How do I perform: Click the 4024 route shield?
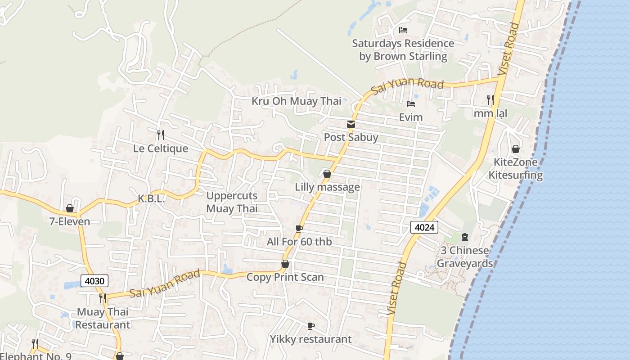pyautogui.click(x=424, y=227)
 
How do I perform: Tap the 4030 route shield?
pyautogui.click(x=94, y=281)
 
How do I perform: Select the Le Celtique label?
pyautogui.click(x=160, y=148)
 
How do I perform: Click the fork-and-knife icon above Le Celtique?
pyautogui.click(x=160, y=135)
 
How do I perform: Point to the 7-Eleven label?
pyautogui.click(x=70, y=221)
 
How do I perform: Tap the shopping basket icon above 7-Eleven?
pyautogui.click(x=70, y=208)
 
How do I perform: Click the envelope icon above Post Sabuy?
pyautogui.click(x=351, y=124)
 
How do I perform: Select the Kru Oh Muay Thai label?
pyautogui.click(x=296, y=101)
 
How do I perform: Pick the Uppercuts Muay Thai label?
pyautogui.click(x=232, y=202)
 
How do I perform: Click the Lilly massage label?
pyautogui.click(x=327, y=187)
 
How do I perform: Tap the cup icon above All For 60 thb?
pyautogui.click(x=299, y=229)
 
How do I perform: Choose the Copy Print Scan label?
pyautogui.click(x=285, y=277)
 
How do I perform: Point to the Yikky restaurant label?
pyautogui.click(x=310, y=339)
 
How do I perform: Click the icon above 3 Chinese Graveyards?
pyautogui.click(x=465, y=237)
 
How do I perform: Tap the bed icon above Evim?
pyautogui.click(x=411, y=104)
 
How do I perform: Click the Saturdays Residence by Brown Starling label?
pyautogui.click(x=403, y=50)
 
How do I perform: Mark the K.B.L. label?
pyautogui.click(x=151, y=199)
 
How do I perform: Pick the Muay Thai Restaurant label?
pyautogui.click(x=103, y=318)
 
